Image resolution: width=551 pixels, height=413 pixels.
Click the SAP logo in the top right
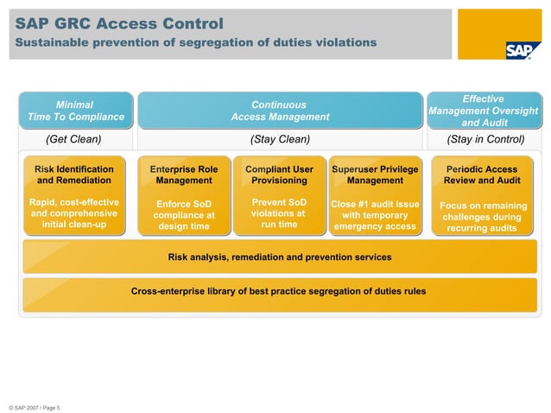tap(522, 49)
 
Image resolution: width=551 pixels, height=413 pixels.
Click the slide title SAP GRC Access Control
tap(119, 23)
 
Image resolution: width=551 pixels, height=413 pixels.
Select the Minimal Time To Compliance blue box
tap(75, 111)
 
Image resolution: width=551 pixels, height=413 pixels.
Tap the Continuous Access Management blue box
tap(280, 111)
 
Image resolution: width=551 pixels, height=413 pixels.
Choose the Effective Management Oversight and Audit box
tap(483, 111)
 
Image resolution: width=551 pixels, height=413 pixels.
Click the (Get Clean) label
tap(73, 139)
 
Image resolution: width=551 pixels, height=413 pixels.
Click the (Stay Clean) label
tap(280, 139)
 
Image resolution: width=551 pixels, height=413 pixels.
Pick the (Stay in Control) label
tap(485, 139)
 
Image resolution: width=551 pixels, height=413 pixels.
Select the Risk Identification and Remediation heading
tap(74, 175)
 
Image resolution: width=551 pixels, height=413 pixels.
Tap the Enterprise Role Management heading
tap(184, 175)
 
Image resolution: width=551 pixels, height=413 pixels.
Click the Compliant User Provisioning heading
tap(279, 175)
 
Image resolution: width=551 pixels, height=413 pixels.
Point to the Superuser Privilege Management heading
tap(375, 175)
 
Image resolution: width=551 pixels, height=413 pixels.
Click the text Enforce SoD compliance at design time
tap(184, 215)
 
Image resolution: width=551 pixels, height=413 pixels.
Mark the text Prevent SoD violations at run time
tap(279, 213)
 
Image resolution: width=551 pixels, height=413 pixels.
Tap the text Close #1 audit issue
tap(375, 205)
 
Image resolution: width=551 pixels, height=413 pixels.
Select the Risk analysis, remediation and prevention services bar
tap(279, 257)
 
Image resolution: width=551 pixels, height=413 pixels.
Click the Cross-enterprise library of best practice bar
tap(278, 291)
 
